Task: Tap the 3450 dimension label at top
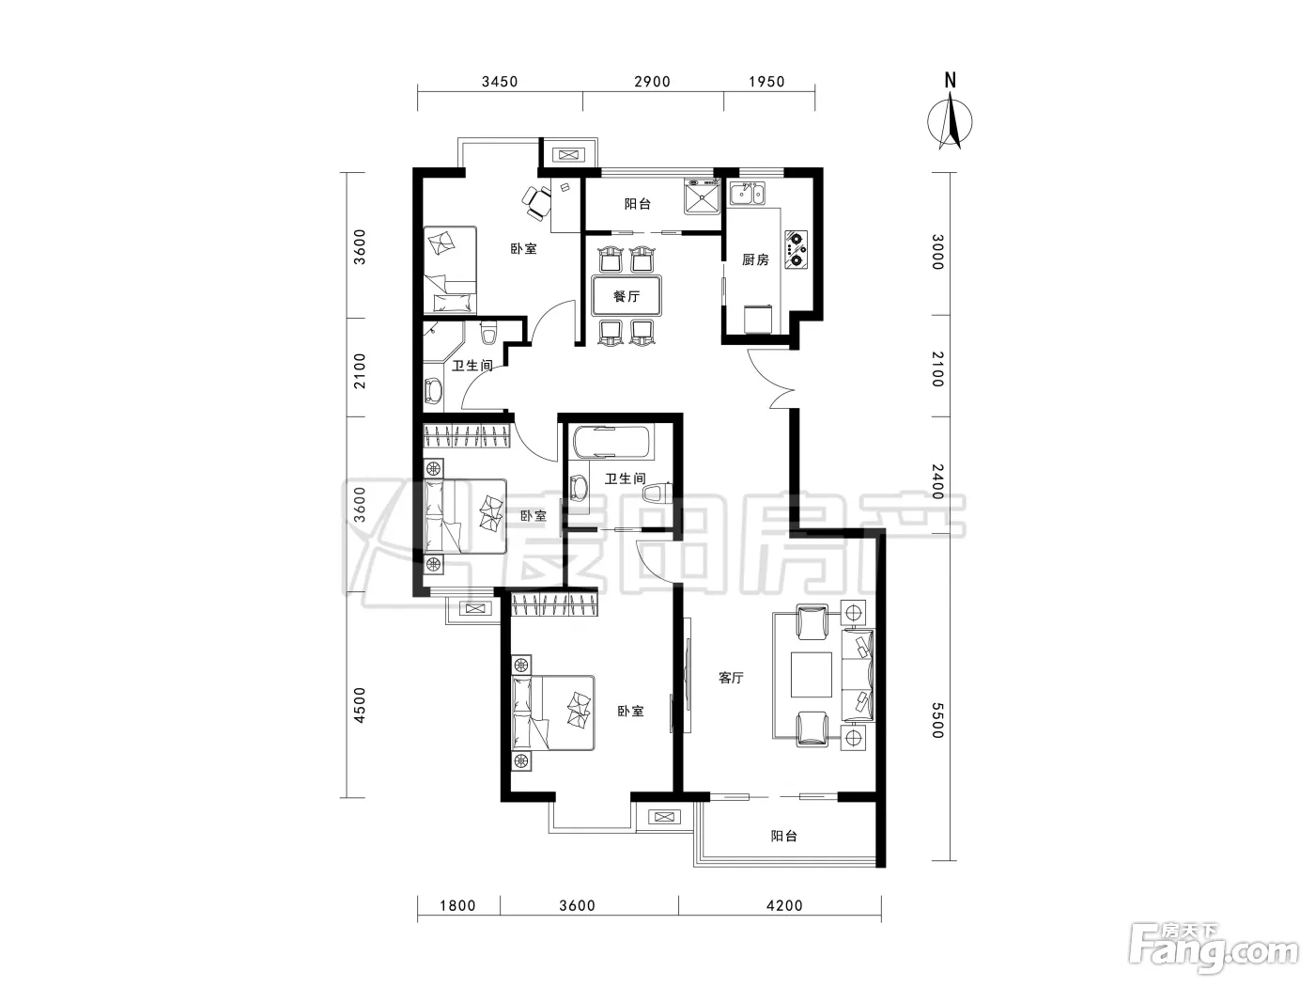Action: click(x=500, y=82)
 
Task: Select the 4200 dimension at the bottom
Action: click(x=784, y=905)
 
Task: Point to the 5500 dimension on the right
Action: click(x=938, y=721)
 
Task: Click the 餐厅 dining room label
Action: click(x=627, y=296)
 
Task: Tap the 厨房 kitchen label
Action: click(x=755, y=259)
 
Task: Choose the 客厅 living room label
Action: click(x=731, y=678)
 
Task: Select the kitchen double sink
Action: click(x=747, y=194)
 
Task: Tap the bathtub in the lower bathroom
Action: click(x=611, y=442)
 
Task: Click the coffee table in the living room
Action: click(x=812, y=675)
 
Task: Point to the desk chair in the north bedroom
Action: click(x=537, y=202)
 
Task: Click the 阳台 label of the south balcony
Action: click(x=784, y=836)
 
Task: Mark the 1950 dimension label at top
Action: click(x=766, y=82)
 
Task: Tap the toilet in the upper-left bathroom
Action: click(x=489, y=333)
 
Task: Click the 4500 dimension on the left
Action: click(x=359, y=705)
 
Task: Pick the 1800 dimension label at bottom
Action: click(x=457, y=905)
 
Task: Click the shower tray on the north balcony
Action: click(x=703, y=196)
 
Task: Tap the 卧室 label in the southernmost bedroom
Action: click(x=631, y=712)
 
